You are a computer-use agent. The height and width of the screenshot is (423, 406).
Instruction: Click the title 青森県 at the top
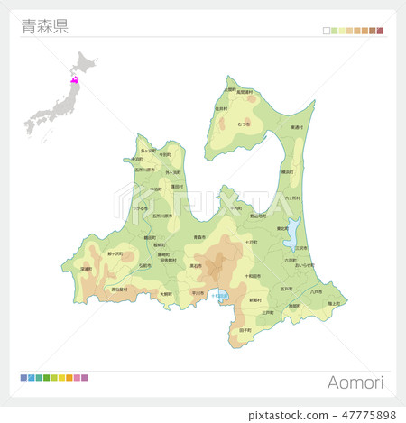pyautogui.click(x=44, y=26)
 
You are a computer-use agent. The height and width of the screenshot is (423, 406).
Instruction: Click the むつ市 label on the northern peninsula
pyautogui.click(x=244, y=123)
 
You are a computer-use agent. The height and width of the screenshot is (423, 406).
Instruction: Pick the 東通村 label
pyautogui.click(x=297, y=128)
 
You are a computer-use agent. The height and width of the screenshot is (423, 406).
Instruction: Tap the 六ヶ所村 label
pyautogui.click(x=292, y=197)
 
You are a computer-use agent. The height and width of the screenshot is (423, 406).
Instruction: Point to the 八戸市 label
pyautogui.click(x=315, y=292)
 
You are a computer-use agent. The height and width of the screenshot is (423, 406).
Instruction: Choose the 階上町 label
pyautogui.click(x=333, y=304)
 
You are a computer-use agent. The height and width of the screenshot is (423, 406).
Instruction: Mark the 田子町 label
pyautogui.click(x=245, y=331)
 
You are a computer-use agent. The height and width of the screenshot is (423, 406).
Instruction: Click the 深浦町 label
pyautogui.click(x=87, y=269)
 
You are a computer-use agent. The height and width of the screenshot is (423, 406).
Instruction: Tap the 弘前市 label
pyautogui.click(x=144, y=266)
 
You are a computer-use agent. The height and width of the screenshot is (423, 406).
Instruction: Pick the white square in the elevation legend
pyautogui.click(x=327, y=31)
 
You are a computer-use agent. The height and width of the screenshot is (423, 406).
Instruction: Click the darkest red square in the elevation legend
pyautogui.click(x=380, y=31)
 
